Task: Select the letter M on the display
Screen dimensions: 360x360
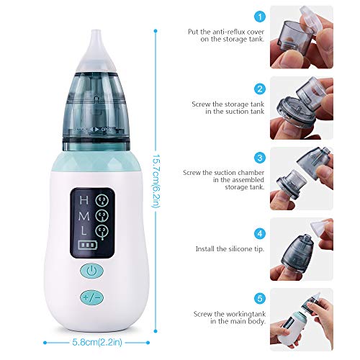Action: click(x=84, y=216)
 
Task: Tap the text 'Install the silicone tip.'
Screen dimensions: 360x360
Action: click(x=227, y=249)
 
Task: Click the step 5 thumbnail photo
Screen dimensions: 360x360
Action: click(x=301, y=318)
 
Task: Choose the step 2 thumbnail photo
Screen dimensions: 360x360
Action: click(x=301, y=108)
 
